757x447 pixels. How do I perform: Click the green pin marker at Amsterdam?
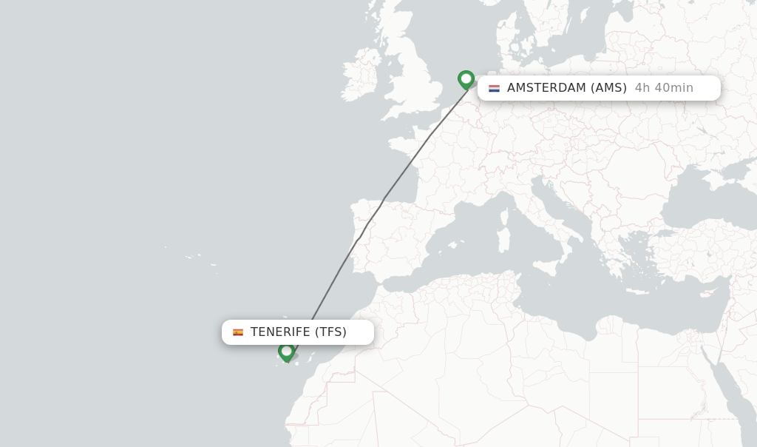pyautogui.click(x=466, y=78)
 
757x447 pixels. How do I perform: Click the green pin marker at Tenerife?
pyautogui.click(x=286, y=352)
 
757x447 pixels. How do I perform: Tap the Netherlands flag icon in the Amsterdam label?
pyautogui.click(x=494, y=88)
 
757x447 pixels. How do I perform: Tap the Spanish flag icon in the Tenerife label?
pyautogui.click(x=238, y=332)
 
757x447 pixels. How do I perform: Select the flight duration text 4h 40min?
pyautogui.click(x=664, y=88)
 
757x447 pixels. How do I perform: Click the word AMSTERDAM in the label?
pyautogui.click(x=546, y=88)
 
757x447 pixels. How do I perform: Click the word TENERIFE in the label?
pyautogui.click(x=280, y=332)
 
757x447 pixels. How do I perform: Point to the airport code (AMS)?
pyautogui.click(x=608, y=88)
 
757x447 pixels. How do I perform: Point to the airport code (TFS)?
pyautogui.click(x=330, y=332)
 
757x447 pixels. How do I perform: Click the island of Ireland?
pyautogui.click(x=360, y=75)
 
